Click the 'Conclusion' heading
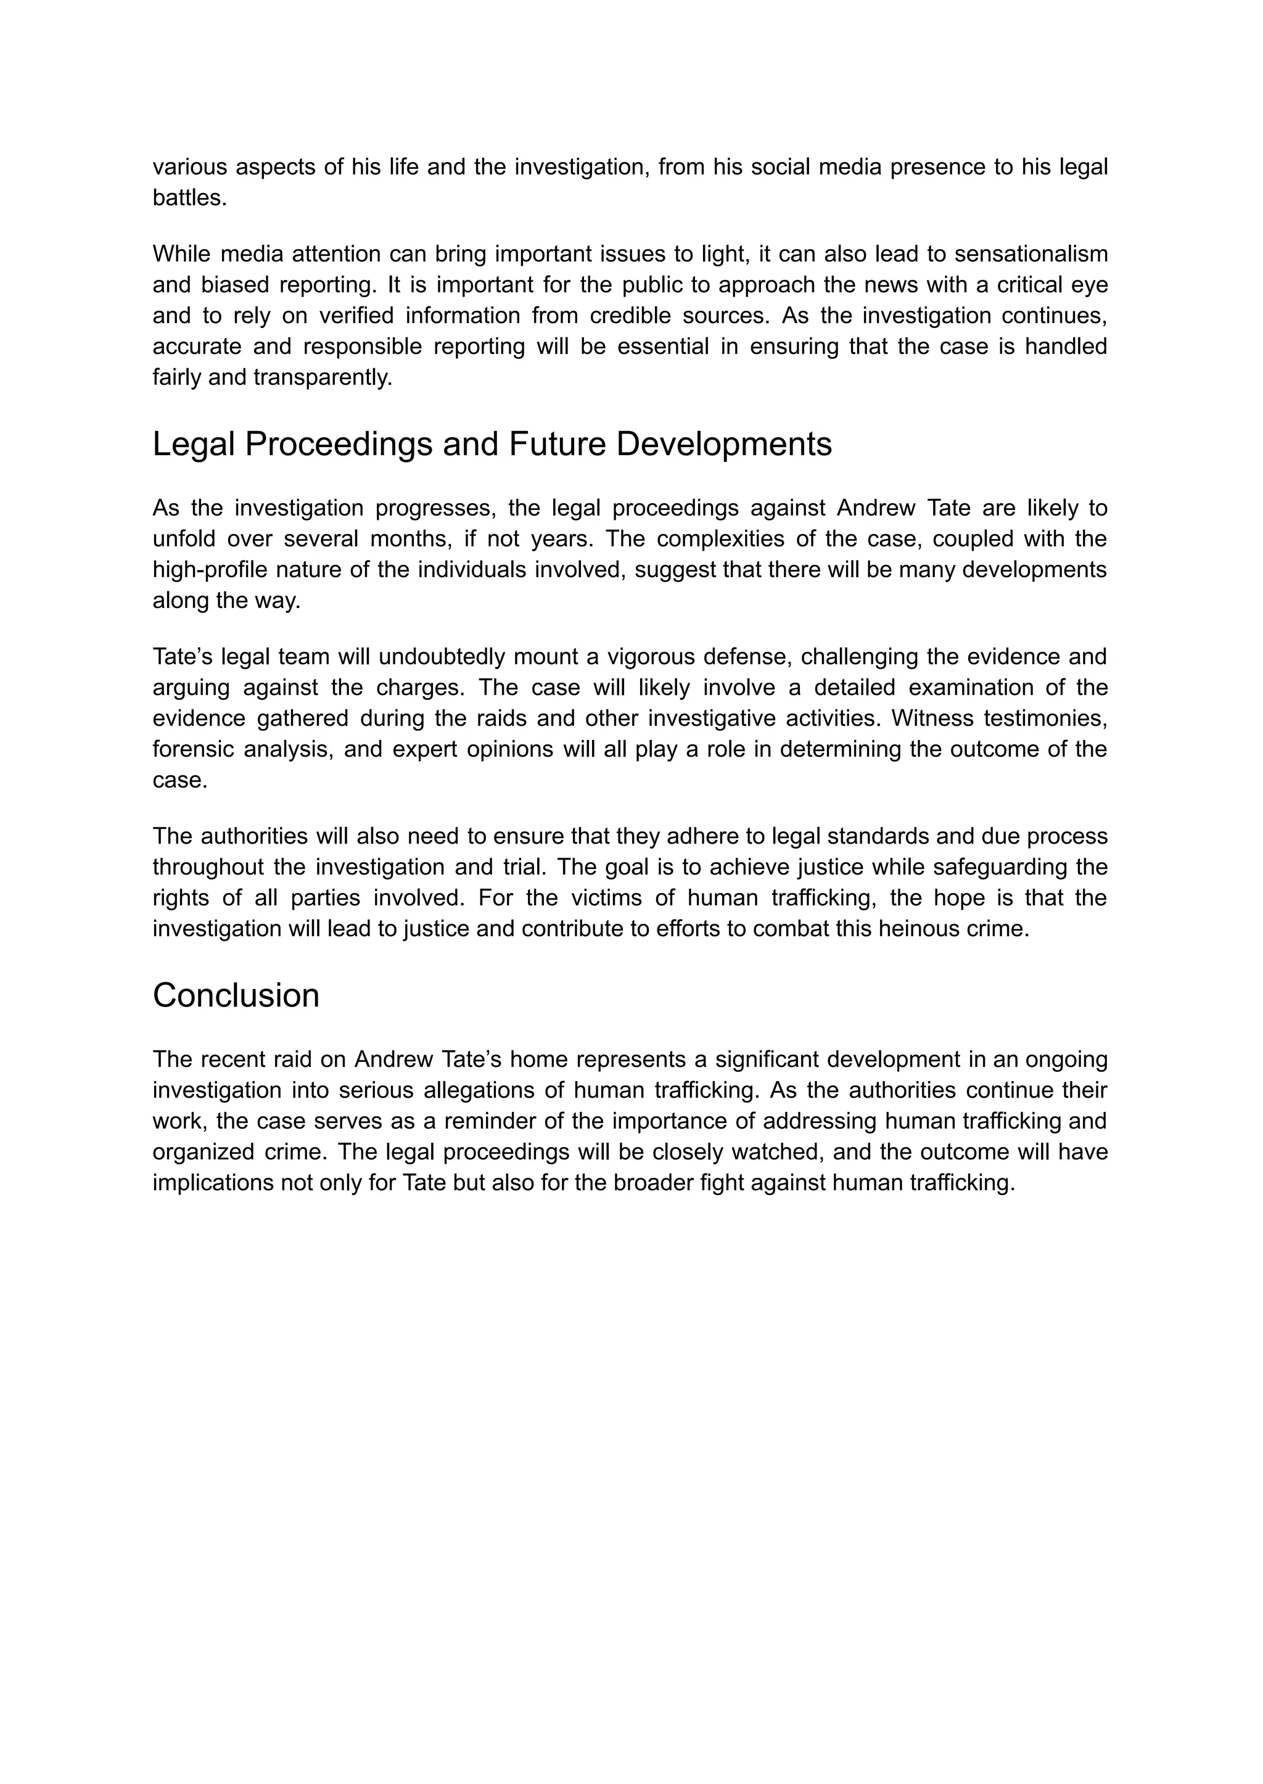coord(236,996)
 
